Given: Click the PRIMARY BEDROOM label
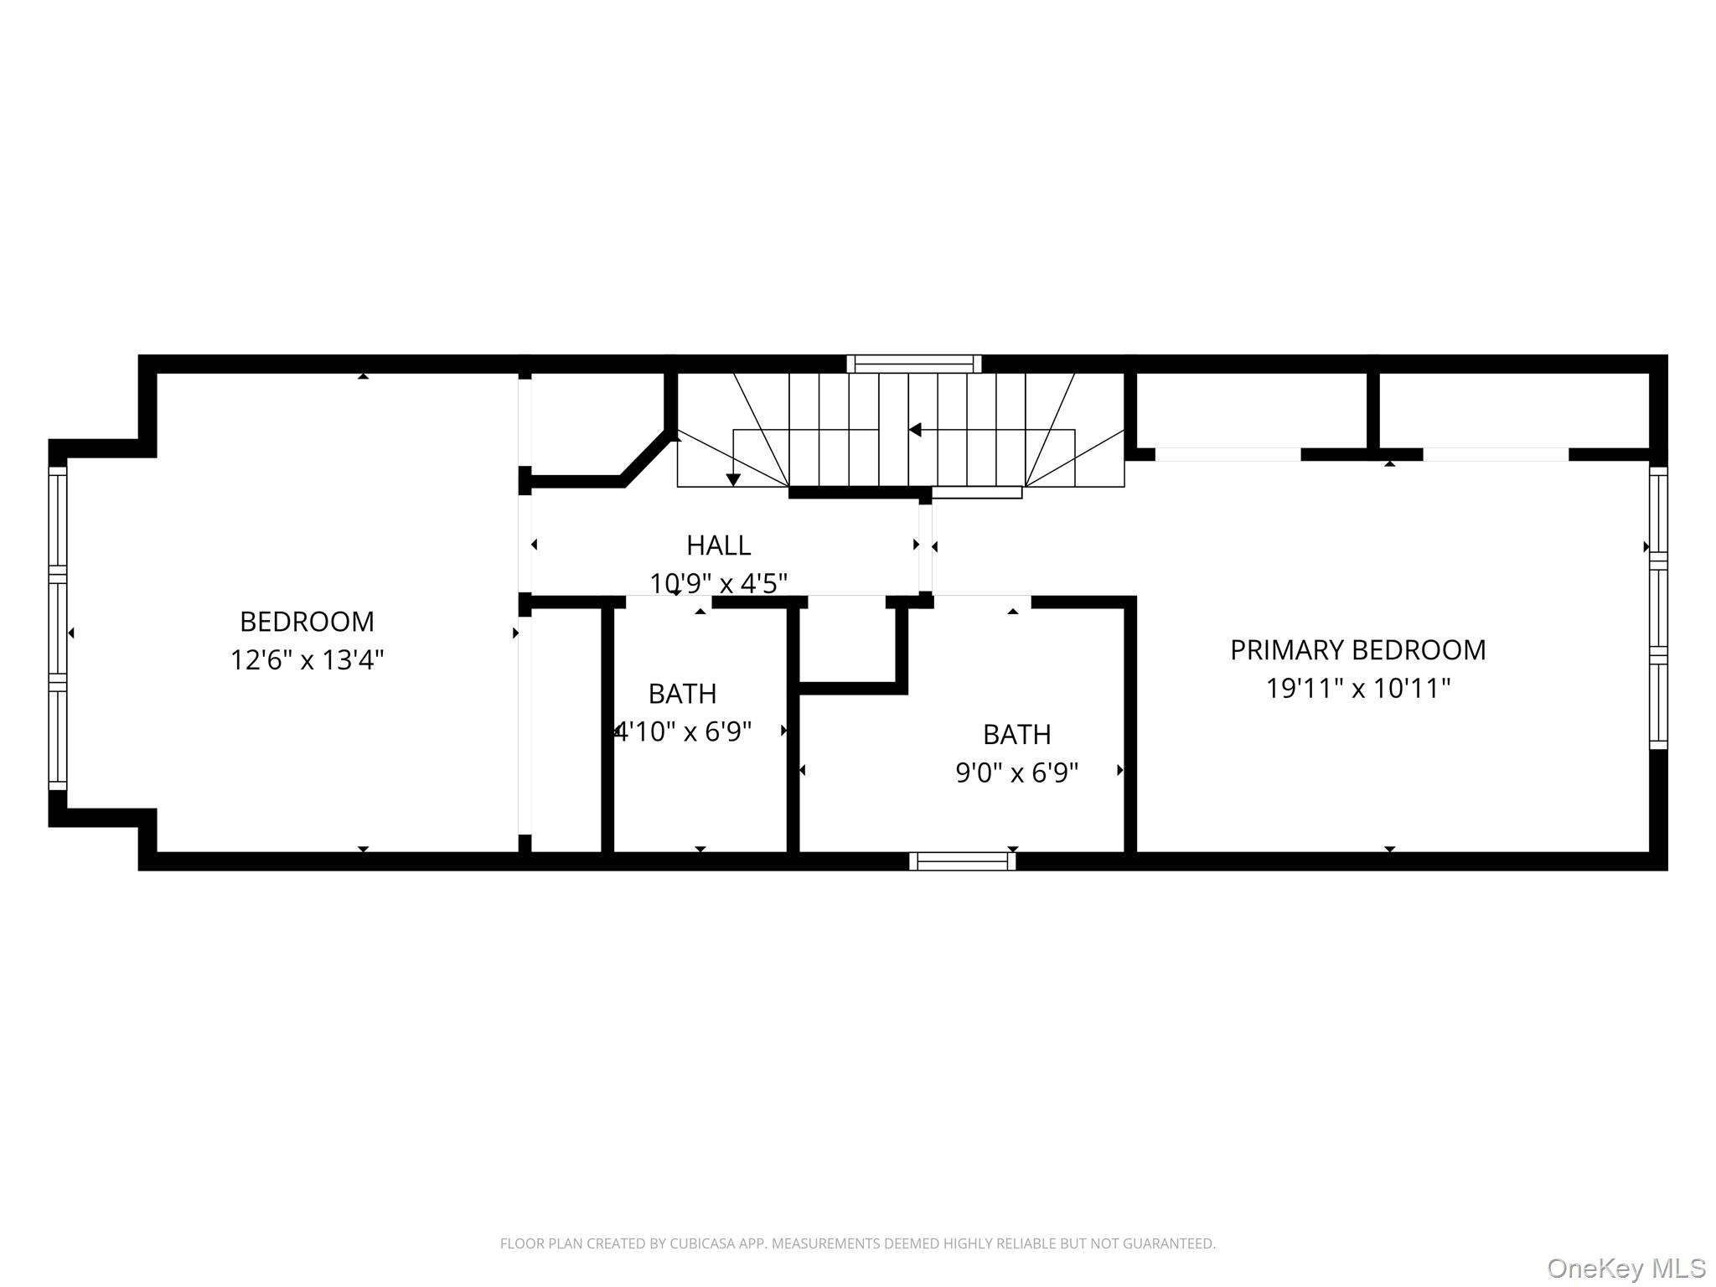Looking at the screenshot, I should coord(1357,650).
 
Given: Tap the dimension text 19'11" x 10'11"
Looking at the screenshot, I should coord(1357,689).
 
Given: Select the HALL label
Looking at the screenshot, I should coord(718,545).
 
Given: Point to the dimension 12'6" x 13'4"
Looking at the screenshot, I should coord(307,660).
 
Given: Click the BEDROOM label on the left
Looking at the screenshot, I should coord(307,622).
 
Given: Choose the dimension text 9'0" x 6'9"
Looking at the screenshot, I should coord(1016,773).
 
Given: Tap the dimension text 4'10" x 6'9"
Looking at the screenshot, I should coord(683,732).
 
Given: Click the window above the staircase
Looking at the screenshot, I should coord(913,364).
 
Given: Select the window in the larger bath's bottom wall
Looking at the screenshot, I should coord(962,861).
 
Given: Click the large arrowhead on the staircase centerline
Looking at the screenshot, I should coord(915,430).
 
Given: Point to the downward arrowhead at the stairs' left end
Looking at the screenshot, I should coord(733,480).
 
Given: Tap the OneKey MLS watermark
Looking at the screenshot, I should coord(1626,1268).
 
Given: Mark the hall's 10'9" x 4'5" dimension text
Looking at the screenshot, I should coord(718,583).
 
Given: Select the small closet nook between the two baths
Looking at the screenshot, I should coord(847,641).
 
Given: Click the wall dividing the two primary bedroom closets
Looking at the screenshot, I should coord(1372,411).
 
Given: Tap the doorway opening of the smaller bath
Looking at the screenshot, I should coord(668,601).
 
